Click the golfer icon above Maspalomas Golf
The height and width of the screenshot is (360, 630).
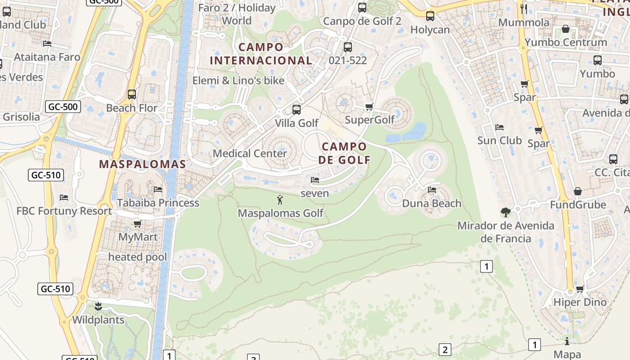(280, 200)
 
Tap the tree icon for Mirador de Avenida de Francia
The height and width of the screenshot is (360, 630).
(505, 212)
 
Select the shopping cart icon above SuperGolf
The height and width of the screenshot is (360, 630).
(369, 107)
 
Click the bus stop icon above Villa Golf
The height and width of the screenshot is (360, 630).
(296, 109)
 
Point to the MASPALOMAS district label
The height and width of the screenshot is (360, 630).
(142, 164)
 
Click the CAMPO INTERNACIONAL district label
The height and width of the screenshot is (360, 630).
(261, 54)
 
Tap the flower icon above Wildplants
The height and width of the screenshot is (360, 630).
(98, 307)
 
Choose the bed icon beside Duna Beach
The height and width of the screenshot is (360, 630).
(432, 190)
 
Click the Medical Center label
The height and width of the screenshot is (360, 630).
(250, 153)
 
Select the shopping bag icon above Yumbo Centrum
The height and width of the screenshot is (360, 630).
(566, 29)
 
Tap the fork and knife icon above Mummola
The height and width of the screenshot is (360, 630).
(523, 9)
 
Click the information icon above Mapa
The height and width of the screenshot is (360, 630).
(567, 341)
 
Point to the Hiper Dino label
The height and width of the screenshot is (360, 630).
(580, 302)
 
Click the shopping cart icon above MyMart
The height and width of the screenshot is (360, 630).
(138, 224)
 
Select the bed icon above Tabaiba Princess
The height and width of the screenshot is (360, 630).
(157, 189)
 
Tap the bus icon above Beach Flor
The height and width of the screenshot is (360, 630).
(131, 94)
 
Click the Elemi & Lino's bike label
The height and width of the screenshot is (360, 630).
(238, 81)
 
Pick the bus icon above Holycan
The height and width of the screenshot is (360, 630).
(430, 16)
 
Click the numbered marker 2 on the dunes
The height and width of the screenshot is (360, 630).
(445, 349)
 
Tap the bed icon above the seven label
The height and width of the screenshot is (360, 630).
(315, 180)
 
